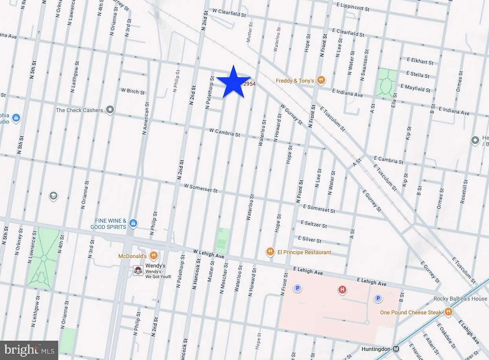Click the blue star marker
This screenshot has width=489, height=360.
(233, 82)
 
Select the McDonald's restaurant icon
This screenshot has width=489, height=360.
(154, 256)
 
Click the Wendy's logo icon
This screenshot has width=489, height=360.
(138, 270)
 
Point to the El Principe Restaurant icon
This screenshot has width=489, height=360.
(270, 252)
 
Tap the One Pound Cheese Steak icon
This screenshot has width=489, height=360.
(448, 312)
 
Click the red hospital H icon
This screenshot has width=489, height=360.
(342, 290)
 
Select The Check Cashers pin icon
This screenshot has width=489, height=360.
(110, 110)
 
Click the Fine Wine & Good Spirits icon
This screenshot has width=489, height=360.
(133, 223)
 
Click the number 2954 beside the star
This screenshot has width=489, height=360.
(250, 84)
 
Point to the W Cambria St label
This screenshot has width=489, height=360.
(224, 132)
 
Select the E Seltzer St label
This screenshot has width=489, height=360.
(313, 224)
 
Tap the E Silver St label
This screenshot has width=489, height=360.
(309, 239)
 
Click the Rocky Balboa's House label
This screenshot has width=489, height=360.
(460, 299)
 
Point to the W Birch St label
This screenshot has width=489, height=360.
(133, 91)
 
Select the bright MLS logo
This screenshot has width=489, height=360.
(29, 350)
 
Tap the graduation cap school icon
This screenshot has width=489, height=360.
(53, 196)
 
